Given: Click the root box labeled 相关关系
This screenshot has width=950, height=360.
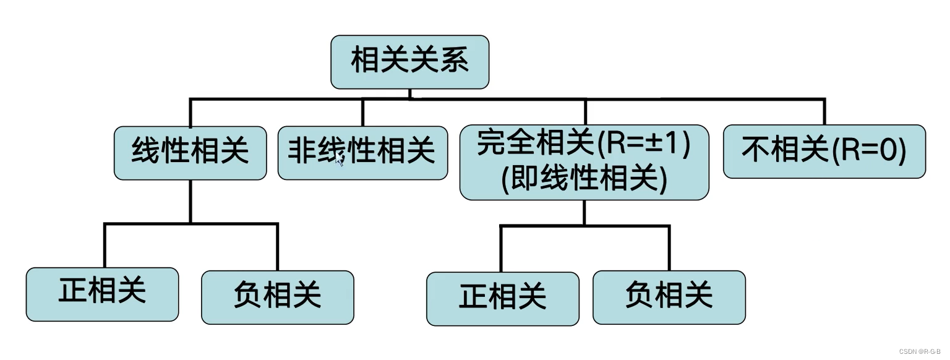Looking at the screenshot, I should (409, 61).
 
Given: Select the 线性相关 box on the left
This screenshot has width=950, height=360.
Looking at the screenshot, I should (190, 153).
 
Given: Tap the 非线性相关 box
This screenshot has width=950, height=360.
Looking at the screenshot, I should (362, 153).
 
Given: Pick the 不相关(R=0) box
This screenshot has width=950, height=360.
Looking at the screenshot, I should (824, 151).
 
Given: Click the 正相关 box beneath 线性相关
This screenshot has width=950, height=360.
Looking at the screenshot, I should (102, 294).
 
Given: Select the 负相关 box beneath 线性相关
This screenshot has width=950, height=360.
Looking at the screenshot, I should (278, 297).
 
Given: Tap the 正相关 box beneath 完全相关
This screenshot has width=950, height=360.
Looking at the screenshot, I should (503, 298).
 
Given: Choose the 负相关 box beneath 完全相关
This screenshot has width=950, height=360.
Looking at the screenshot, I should (669, 297).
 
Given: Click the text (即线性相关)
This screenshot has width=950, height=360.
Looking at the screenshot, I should (584, 179).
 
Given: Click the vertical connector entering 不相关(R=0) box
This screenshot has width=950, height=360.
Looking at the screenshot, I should (824, 112).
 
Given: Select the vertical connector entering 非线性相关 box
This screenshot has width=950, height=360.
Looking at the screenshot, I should (362, 113).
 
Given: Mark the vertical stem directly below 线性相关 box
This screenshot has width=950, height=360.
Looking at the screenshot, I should (190, 201).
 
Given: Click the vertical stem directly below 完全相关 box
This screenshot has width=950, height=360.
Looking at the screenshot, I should (584, 212).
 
